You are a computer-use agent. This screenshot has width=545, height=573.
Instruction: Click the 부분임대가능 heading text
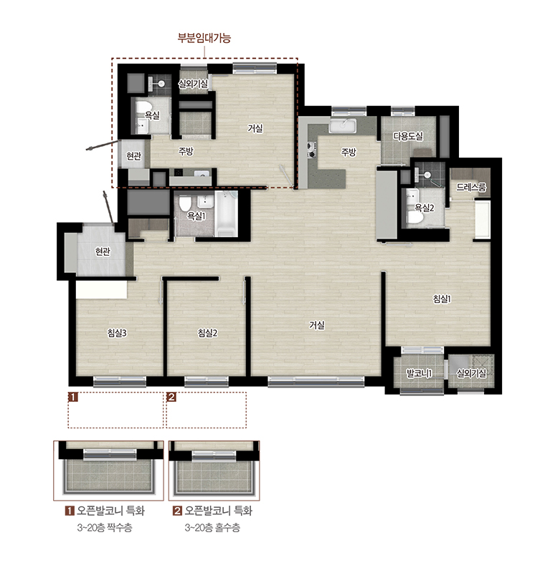(204, 38)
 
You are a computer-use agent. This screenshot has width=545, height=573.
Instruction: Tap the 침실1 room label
(442, 299)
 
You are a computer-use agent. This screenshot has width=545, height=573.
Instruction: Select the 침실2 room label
(207, 333)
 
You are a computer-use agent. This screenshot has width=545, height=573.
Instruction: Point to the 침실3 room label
(117, 333)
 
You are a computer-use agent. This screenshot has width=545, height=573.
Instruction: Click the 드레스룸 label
(471, 188)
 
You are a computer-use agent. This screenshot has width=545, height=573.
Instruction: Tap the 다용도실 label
(408, 136)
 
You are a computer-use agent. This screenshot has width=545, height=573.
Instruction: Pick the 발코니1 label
(420, 373)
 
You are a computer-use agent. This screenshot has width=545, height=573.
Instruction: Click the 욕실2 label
(425, 208)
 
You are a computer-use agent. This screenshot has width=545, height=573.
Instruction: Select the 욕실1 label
(196, 216)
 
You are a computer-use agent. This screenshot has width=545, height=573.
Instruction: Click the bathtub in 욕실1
(227, 213)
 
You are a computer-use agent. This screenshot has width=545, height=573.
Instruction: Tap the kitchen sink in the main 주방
(342, 125)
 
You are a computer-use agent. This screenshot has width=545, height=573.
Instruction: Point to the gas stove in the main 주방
(312, 150)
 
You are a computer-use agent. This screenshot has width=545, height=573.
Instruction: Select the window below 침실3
(120, 382)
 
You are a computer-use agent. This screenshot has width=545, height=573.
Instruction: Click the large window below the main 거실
(316, 382)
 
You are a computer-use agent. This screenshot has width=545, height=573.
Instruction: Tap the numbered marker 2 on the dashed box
(171, 397)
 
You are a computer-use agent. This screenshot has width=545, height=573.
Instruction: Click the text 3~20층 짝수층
(105, 528)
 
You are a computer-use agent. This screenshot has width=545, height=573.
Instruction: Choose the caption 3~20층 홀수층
(212, 528)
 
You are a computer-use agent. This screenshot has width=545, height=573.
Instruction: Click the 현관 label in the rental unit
(134, 156)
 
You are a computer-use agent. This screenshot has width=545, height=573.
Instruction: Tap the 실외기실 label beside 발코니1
(471, 373)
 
